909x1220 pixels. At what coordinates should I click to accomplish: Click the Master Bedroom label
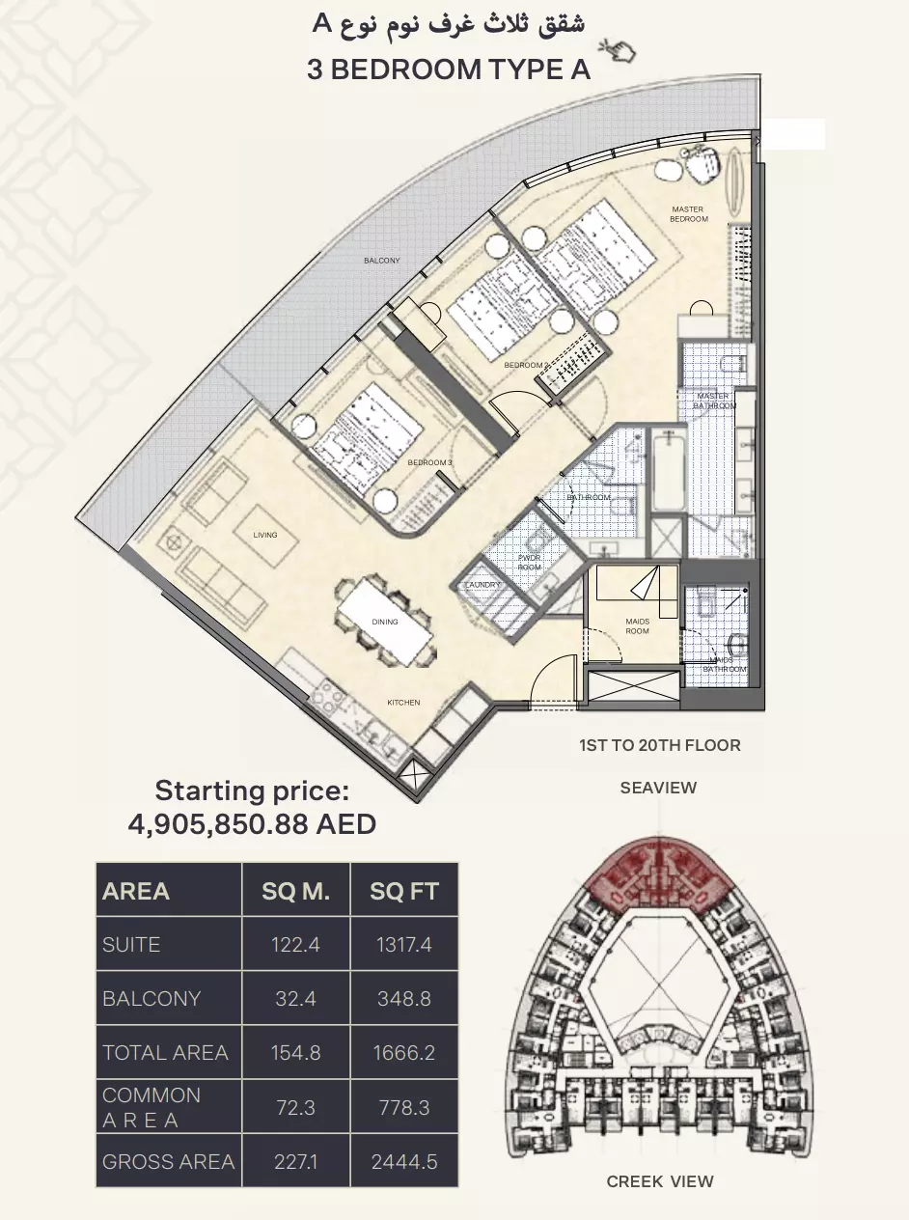[689, 214]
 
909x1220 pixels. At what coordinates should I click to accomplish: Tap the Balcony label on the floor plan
[382, 261]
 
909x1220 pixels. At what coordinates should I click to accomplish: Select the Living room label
[265, 535]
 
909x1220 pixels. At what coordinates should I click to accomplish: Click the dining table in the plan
[385, 622]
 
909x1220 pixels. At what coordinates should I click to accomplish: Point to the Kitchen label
[403, 703]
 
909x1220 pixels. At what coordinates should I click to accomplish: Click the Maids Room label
[636, 625]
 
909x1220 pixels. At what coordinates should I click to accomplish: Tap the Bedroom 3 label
[429, 462]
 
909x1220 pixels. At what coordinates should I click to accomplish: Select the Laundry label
[482, 585]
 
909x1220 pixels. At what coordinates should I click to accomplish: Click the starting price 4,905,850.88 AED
[252, 823]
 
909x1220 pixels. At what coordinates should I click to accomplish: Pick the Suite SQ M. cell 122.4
[296, 944]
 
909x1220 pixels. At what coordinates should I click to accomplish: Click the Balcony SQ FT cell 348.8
[403, 998]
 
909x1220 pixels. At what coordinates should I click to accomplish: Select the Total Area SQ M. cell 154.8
[296, 1052]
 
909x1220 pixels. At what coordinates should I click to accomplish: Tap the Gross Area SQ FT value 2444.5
[403, 1161]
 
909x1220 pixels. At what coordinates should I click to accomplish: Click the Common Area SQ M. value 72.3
[296, 1107]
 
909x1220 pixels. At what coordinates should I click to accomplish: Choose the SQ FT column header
[403, 890]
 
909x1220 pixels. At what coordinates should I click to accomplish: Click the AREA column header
[136, 890]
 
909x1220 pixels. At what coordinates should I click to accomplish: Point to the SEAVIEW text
[658, 788]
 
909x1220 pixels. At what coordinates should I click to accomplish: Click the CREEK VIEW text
[660, 1181]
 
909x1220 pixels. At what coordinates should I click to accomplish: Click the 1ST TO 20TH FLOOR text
[660, 745]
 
